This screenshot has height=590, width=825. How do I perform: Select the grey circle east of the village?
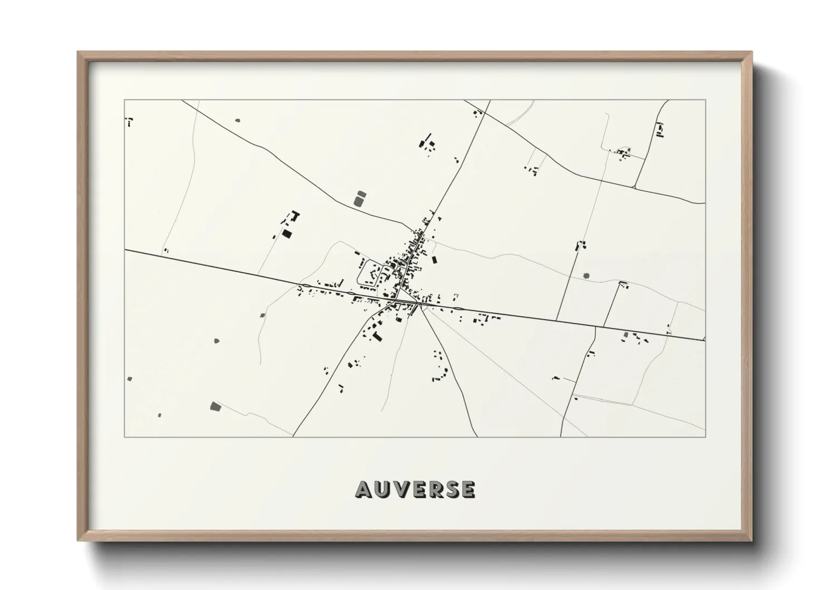click(x=586, y=275)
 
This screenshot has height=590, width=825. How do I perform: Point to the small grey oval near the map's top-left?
click(x=237, y=120)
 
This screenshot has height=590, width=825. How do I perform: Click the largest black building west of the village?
click(x=287, y=234)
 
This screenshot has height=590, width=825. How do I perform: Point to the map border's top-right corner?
click(x=705, y=100)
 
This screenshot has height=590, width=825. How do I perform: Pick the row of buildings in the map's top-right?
click(x=661, y=130)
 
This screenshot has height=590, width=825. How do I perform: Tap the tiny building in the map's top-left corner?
click(x=129, y=120)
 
